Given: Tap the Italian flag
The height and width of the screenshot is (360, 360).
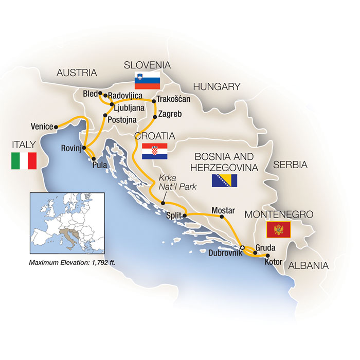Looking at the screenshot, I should [24, 161].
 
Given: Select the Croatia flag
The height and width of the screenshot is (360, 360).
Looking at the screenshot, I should [154, 152].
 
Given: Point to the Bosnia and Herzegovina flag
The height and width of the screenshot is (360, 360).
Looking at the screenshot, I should [225, 181].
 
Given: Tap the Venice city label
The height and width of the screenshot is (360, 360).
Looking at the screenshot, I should [42, 126].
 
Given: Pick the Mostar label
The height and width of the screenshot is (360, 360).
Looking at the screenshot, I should [223, 210].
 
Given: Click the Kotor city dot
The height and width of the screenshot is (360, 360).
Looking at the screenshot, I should [267, 256].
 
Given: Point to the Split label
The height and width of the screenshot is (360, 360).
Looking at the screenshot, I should [174, 216].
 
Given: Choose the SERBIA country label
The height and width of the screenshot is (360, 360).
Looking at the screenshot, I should [290, 165].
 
